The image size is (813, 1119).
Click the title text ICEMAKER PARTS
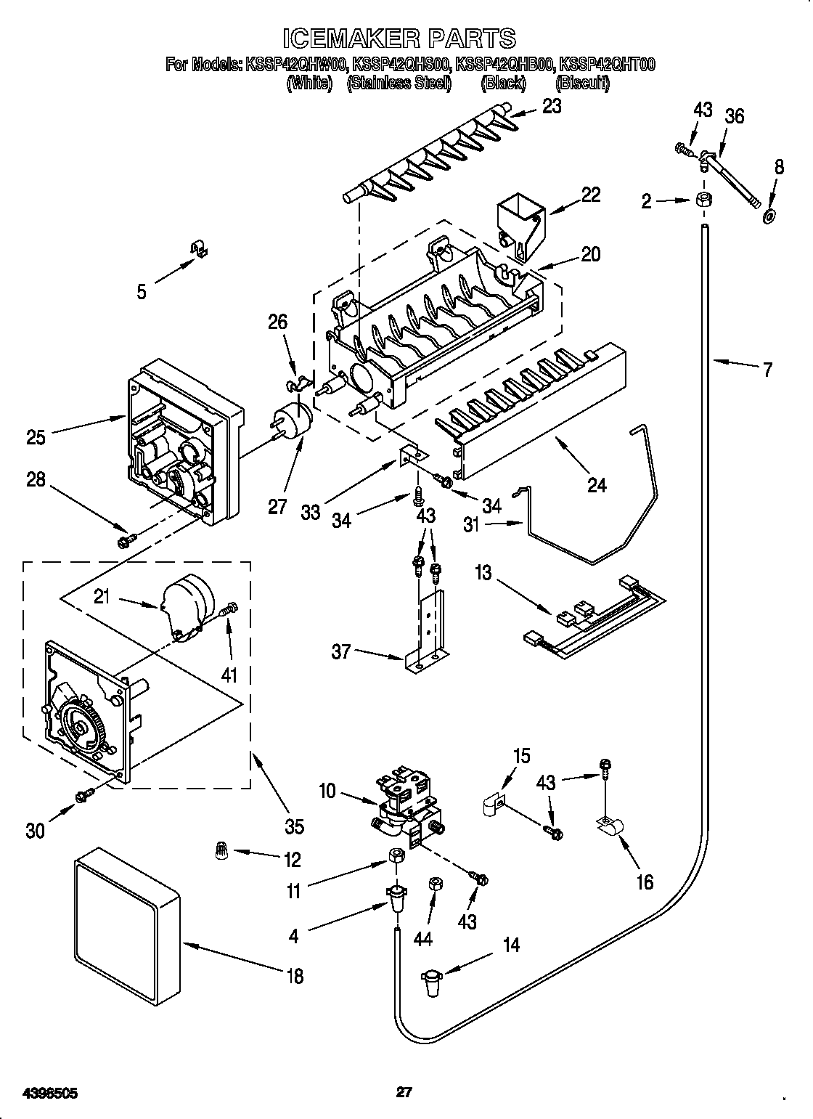point(399,38)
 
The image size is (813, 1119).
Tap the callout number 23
point(552,106)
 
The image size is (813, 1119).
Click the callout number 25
point(35,437)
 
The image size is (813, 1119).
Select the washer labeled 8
point(769,216)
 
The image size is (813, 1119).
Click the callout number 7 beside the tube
point(767,369)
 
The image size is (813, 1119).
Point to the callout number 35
point(294,826)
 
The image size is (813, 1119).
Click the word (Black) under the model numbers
point(503,84)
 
